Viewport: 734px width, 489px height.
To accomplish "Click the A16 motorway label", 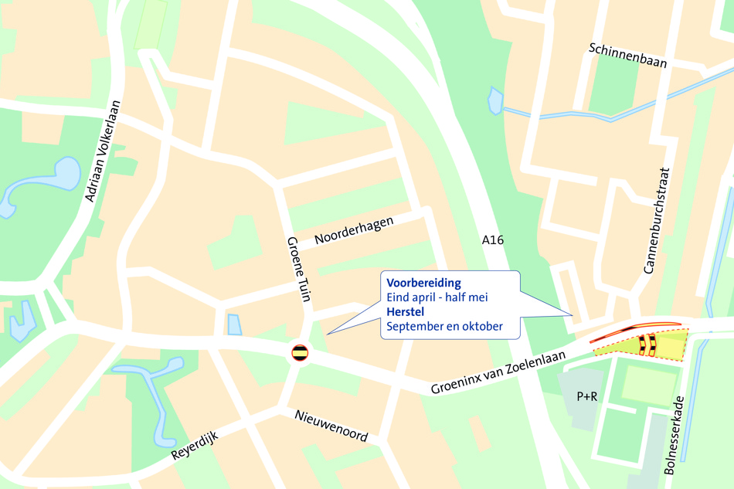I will tap(493, 240).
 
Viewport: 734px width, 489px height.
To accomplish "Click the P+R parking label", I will tap(587, 396).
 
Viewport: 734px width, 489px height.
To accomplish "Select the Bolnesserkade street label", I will tap(675, 435).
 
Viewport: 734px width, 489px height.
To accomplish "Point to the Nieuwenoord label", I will tap(331, 426).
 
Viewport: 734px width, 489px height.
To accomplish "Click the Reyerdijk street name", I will tap(195, 446).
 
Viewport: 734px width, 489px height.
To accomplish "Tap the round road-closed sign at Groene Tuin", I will tap(300, 354).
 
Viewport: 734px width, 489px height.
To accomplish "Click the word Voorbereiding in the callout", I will tap(423, 282).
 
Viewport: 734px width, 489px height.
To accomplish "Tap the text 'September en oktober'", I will tap(444, 326).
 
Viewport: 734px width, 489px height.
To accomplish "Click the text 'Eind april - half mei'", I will tap(437, 297).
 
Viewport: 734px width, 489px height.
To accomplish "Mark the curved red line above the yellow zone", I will tap(634, 330).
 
